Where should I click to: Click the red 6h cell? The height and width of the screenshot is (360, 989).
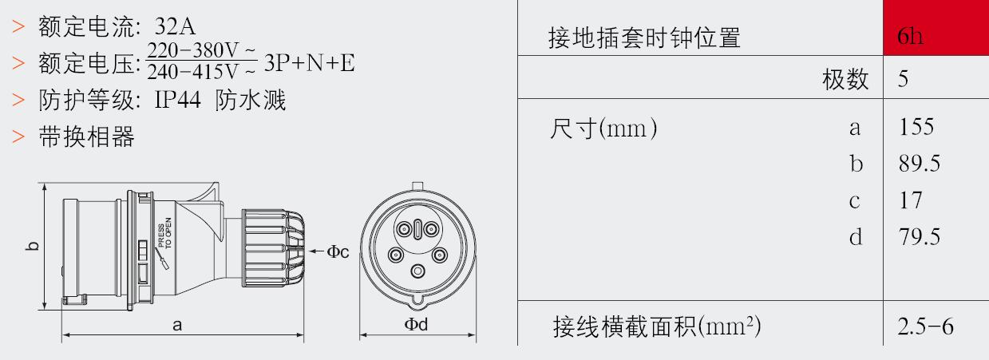coord(936,27)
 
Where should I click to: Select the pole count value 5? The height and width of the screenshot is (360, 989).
coord(903,79)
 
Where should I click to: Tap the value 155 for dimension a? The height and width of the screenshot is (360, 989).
coord(916,127)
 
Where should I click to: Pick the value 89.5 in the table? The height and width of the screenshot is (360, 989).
coord(920,164)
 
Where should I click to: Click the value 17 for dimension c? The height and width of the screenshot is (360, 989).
coord(911,200)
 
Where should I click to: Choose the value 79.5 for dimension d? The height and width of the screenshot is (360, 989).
coord(920,237)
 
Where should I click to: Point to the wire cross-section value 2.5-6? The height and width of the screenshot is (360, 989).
coord(925,326)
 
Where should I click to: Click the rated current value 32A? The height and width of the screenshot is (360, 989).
coord(175,26)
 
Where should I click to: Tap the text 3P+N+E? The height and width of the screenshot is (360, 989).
coord(310,63)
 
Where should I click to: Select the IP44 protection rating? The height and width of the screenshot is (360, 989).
coord(177,100)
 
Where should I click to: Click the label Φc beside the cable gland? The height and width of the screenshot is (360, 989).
coord(338,251)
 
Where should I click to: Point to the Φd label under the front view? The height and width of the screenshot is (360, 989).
coord(416,325)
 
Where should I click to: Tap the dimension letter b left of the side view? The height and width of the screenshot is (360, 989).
coord(32,246)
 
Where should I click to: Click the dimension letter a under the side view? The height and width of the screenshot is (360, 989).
coord(177,326)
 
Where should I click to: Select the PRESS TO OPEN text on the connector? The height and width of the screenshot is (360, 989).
coord(165,233)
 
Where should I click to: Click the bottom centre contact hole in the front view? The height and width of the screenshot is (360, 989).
coord(417,271)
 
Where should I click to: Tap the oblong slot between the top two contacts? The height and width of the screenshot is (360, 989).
coord(417,230)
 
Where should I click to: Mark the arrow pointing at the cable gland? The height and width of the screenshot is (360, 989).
coord(316,251)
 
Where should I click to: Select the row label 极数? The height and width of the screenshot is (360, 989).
coord(845,80)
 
